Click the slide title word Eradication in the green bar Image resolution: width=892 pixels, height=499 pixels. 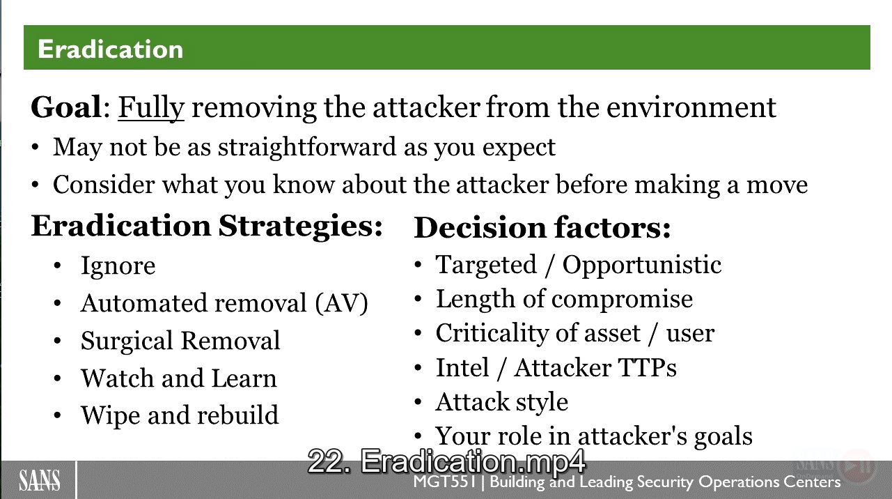coord(110,49)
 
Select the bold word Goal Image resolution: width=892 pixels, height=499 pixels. coord(67,107)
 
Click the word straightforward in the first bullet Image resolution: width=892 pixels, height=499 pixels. coord(307,148)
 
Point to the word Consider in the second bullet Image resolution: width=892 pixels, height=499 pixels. coord(104,185)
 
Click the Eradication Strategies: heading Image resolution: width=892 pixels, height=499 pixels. coord(207,227)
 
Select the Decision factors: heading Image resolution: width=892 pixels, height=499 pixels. coord(542,228)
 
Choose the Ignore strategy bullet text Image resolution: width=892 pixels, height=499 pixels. coord(118,266)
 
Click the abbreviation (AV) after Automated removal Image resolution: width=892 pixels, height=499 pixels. coord(341,303)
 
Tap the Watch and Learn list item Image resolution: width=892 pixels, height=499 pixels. coord(179,378)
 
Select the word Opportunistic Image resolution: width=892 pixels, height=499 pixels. coord(642,265)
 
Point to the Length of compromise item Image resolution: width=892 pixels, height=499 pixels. coord(565,299)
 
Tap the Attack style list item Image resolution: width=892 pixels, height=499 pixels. coord(502,401)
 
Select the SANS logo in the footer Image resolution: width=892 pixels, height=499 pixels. coord(40,481)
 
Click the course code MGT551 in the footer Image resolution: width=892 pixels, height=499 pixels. coord(445,482)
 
